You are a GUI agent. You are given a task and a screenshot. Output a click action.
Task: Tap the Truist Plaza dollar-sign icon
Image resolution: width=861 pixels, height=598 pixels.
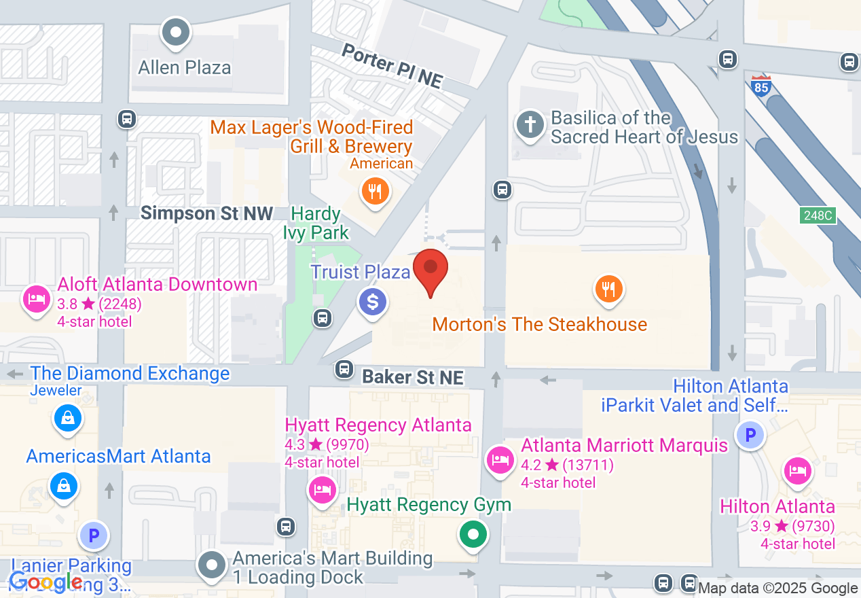pos(373,301)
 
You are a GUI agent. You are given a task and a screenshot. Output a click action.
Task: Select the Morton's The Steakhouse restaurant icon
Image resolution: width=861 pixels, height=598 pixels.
pos(609,289)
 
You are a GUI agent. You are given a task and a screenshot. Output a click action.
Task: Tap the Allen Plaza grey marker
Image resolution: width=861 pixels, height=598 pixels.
pos(177,31)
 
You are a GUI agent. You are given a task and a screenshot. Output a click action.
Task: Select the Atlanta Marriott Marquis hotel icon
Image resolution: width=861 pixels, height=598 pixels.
pos(500,460)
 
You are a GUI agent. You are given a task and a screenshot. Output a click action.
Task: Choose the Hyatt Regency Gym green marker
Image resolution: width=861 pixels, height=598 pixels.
pos(473,533)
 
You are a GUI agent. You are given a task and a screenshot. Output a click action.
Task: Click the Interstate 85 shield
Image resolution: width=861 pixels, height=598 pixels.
pos(761,86)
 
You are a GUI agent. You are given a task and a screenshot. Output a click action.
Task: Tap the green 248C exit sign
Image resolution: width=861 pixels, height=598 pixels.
pos(817,215)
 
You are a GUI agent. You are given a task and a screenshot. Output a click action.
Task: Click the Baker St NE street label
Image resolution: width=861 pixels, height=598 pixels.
pos(413,377)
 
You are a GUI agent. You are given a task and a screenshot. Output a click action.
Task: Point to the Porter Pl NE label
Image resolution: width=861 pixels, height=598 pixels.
pos(392,67)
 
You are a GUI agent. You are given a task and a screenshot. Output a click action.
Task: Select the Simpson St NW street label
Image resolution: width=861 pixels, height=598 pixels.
pos(206,213)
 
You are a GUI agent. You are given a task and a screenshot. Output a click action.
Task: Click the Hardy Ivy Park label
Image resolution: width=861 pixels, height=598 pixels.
pos(316,223)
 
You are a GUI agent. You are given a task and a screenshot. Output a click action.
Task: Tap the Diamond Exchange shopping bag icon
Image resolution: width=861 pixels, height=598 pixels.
pos(68,418)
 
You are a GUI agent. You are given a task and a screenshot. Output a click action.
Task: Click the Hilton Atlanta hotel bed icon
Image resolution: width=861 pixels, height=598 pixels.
pos(796,471)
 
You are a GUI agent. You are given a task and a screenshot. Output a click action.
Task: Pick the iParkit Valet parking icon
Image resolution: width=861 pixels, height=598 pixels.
pos(751,434)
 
